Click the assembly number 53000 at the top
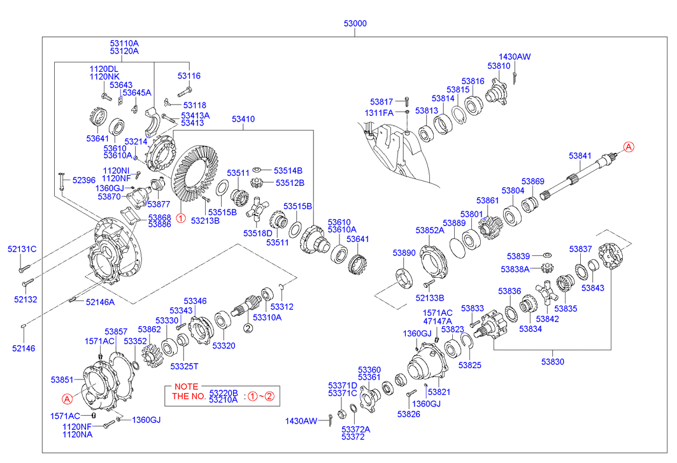(x=355, y=24)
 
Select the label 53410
(x=243, y=119)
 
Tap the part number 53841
(x=580, y=156)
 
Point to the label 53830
(x=552, y=362)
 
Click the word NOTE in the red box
(x=186, y=387)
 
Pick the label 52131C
(x=22, y=249)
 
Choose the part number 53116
(x=189, y=76)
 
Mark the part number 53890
(x=404, y=253)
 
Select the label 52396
(x=83, y=180)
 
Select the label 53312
(x=282, y=307)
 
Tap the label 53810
(x=499, y=66)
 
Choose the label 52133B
(x=430, y=297)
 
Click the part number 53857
(x=116, y=332)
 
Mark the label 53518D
(x=257, y=234)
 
